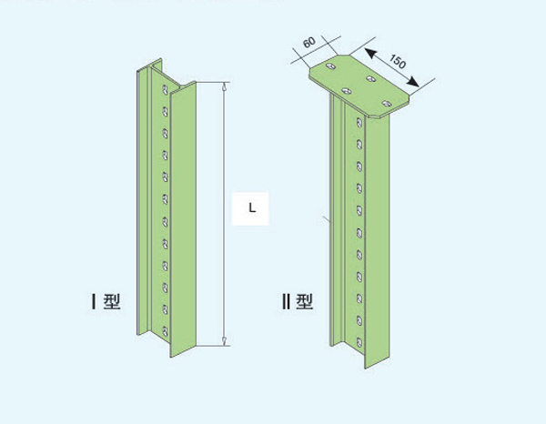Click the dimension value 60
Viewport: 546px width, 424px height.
click(x=309, y=42)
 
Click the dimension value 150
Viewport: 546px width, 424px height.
click(x=398, y=61)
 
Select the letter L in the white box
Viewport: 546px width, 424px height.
click(x=252, y=207)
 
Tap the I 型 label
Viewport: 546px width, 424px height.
click(x=106, y=301)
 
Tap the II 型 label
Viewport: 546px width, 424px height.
click(x=298, y=301)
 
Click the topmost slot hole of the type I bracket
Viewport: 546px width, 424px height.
click(x=166, y=89)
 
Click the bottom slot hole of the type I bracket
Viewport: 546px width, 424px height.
click(x=166, y=331)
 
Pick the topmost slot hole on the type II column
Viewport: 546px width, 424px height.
click(x=359, y=122)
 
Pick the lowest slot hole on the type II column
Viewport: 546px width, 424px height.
click(x=359, y=342)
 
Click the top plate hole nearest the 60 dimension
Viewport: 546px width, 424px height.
click(x=331, y=66)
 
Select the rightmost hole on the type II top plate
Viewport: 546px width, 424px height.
click(x=387, y=104)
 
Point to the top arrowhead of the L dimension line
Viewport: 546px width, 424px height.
click(x=225, y=86)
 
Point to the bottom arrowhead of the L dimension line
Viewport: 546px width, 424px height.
click(x=225, y=341)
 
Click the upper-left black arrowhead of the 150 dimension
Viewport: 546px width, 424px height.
click(x=370, y=54)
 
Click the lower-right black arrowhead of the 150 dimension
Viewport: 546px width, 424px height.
click(x=413, y=82)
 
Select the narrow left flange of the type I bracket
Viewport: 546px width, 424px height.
click(x=138, y=202)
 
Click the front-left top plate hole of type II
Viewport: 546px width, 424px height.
click(x=347, y=91)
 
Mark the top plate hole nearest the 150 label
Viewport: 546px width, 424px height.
click(x=371, y=79)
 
